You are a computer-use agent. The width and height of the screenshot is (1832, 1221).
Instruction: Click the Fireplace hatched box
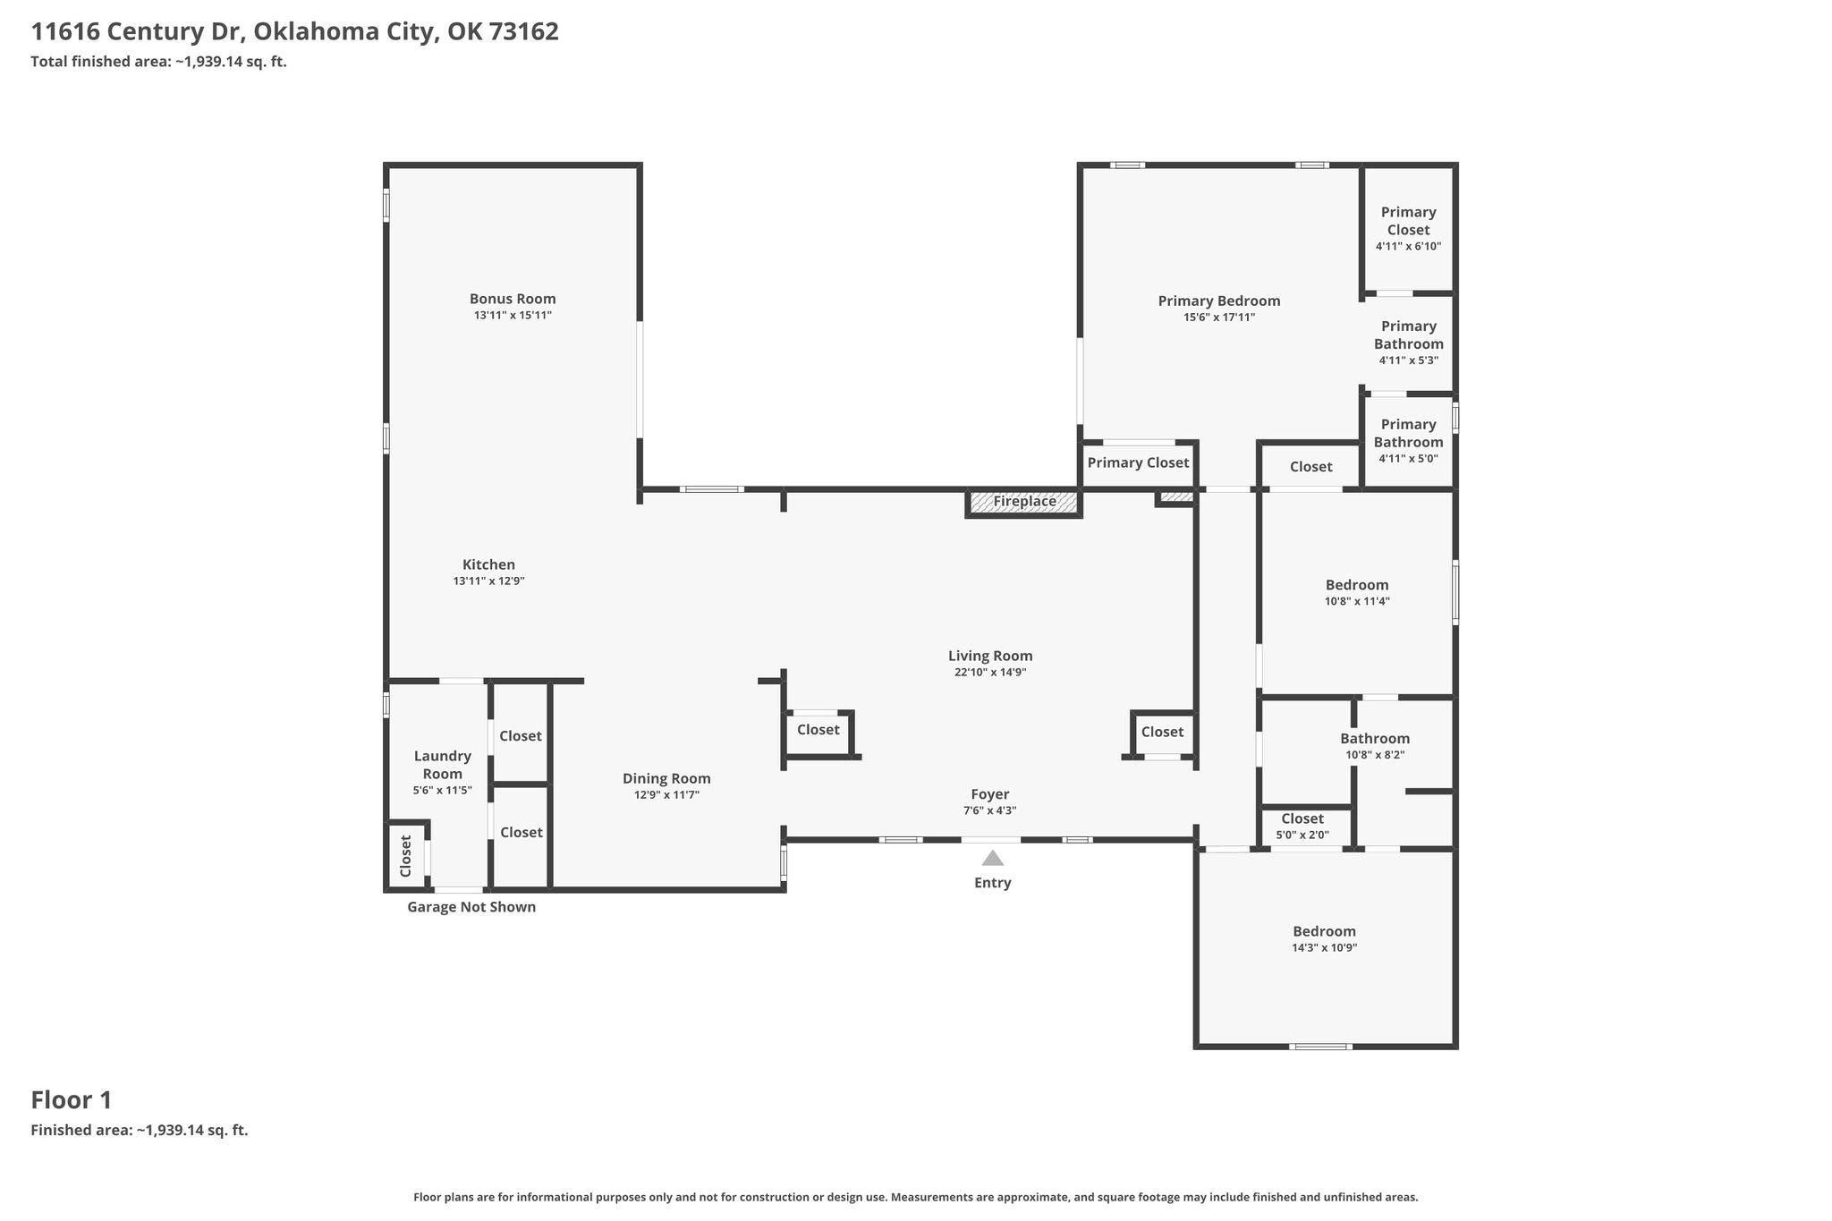pos(1024,502)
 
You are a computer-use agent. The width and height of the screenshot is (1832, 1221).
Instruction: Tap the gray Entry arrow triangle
pos(993,859)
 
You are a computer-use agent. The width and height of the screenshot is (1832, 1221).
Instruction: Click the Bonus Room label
pos(513,299)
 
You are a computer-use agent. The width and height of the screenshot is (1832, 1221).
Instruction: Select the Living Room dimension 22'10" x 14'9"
pos(990,673)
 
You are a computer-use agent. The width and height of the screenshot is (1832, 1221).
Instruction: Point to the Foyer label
pos(990,794)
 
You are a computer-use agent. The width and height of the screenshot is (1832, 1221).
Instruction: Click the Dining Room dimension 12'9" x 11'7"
pos(666,795)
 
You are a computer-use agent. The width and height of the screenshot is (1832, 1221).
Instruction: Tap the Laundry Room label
pos(443,765)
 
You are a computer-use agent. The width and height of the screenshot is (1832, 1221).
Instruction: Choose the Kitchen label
pos(488,564)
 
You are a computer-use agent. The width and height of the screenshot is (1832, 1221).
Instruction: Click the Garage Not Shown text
pos(471,907)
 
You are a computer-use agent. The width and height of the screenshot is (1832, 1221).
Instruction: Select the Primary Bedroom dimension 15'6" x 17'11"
pos(1219,318)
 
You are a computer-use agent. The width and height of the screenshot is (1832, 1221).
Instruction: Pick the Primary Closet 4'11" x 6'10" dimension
pos(1409,247)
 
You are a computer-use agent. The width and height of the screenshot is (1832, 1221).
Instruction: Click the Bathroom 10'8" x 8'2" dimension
pos(1375,755)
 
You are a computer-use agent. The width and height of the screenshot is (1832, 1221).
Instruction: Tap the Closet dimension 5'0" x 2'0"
pos(1302,835)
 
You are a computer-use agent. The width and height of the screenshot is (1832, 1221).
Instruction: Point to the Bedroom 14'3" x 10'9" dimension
pos(1325,948)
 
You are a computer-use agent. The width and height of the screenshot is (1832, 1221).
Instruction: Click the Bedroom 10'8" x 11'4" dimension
pos(1357,602)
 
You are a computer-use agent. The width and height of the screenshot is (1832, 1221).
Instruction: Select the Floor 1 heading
pos(72,1100)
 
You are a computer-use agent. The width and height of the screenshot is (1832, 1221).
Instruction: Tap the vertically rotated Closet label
pos(405,856)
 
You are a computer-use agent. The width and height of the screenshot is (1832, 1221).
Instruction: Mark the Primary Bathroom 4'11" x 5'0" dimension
pos(1409,459)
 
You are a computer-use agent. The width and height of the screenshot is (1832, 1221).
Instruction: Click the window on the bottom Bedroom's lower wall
pos(1320,1047)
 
